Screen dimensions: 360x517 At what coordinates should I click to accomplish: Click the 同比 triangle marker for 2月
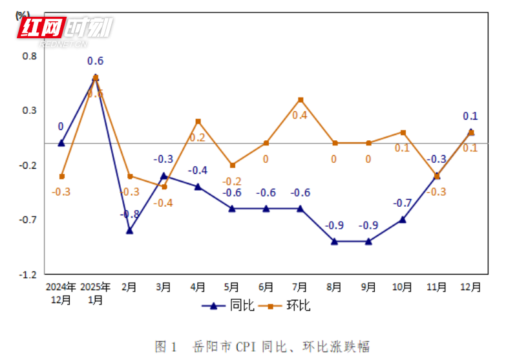[x=130, y=230]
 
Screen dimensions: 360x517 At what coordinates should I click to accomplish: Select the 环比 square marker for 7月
[x=301, y=100]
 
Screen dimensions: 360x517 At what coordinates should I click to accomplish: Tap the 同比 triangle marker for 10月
[x=403, y=219]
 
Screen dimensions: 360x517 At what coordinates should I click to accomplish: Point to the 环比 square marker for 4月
[x=198, y=122]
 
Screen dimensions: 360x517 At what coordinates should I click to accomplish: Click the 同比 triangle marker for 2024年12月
[x=61, y=143]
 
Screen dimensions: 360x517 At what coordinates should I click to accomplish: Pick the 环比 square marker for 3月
[x=164, y=187]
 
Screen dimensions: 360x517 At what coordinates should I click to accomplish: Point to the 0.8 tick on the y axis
[x=30, y=56]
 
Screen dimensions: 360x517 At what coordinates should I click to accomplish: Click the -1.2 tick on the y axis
[x=28, y=275]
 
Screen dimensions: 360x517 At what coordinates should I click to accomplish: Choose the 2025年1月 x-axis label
[x=96, y=293]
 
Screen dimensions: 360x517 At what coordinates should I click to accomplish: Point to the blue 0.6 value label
[x=96, y=61]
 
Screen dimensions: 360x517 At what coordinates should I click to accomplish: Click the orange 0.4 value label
[x=300, y=115]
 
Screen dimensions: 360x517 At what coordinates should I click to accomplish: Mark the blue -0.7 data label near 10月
[x=403, y=203]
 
